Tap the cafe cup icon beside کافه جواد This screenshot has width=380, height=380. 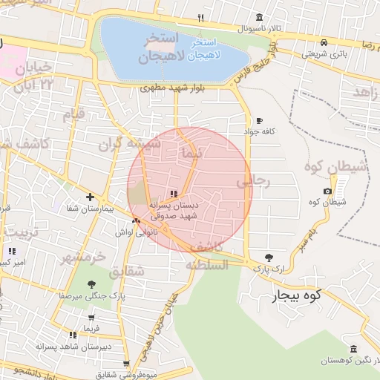click(259, 120)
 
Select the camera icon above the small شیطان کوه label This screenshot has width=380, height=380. click(329, 192)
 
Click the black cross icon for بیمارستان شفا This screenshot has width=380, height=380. click(90, 197)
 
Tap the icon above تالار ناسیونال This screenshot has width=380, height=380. click(258, 18)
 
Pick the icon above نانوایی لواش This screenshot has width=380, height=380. click(135, 221)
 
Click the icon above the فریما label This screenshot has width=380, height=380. click(71, 335)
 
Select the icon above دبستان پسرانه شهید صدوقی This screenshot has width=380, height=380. click(174, 194)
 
